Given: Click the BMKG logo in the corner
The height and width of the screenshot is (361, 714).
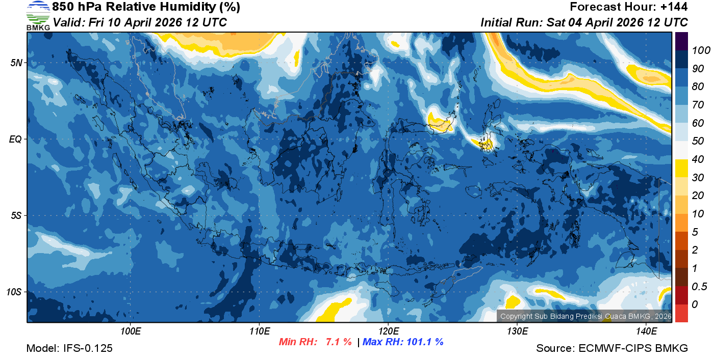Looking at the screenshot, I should coord(38,15).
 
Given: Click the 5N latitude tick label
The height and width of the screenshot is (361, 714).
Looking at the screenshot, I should coord(16,63).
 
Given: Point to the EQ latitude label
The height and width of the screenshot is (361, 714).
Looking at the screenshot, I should coord(16,139).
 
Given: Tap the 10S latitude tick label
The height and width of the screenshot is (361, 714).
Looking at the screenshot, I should coord(14,292).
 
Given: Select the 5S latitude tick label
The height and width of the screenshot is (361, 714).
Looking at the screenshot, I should coord(16,216).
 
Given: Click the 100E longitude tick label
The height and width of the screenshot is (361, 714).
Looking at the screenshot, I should coord(131,331).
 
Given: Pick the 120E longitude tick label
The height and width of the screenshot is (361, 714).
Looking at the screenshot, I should coord(388,331).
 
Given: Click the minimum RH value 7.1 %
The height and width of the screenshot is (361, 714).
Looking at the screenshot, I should coord(339,342).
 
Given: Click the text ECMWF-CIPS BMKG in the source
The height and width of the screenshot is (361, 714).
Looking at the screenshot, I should coord(633,348).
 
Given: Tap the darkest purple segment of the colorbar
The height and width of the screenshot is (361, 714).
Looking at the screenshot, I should coord(682,41).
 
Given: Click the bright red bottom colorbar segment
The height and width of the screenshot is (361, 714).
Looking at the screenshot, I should coord(682,313).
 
